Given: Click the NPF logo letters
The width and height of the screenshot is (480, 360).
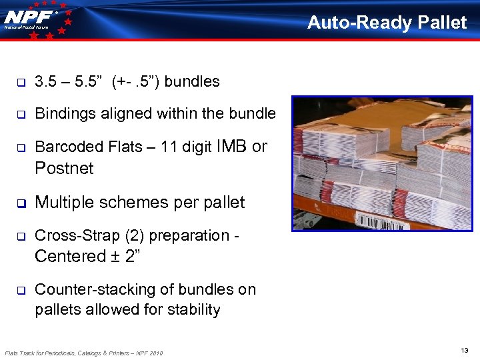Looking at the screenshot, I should (29, 16).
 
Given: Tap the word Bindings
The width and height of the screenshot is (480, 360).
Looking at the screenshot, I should (64, 113).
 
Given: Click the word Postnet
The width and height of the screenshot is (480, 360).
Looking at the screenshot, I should (64, 168).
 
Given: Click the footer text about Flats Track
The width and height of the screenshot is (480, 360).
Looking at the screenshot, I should (83, 352).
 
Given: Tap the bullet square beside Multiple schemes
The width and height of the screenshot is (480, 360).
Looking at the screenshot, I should (21, 203).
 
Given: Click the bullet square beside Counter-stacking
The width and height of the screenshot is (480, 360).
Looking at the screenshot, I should (21, 290).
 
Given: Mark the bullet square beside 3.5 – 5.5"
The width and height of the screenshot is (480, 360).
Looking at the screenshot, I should (21, 82).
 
